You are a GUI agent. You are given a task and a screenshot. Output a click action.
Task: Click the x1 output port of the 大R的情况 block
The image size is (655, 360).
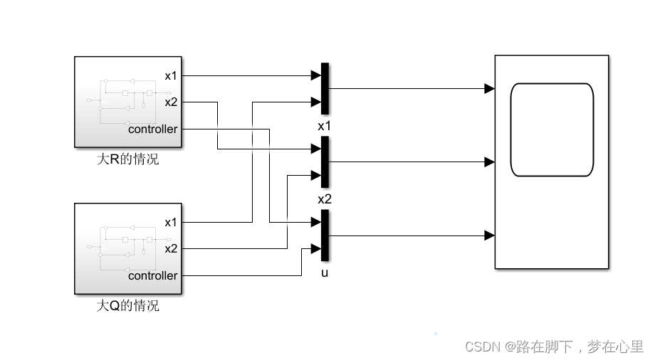[171, 75]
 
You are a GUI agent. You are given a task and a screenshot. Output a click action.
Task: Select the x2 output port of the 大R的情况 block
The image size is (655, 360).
[171, 102]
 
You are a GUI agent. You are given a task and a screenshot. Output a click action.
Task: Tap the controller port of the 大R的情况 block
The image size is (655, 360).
[152, 129]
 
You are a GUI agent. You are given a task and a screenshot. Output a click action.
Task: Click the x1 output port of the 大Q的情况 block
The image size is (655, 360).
[171, 222]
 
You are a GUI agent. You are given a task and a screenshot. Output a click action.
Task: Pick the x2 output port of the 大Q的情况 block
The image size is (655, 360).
[171, 249]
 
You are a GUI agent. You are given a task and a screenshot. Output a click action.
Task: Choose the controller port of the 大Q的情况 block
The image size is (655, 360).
[152, 276]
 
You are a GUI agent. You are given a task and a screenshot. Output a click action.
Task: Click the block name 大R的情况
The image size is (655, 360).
[128, 159]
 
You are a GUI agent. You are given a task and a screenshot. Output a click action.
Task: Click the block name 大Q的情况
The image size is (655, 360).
[128, 307]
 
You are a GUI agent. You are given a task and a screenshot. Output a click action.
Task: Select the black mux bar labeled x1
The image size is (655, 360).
[325, 88]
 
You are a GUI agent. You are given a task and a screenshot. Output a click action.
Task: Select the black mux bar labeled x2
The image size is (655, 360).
[325, 162]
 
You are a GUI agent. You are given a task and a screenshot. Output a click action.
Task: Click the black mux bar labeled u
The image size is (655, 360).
[325, 235]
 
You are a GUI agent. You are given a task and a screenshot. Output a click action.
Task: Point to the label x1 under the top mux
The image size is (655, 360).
[325, 125]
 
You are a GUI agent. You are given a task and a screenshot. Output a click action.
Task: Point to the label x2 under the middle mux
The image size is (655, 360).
[325, 198]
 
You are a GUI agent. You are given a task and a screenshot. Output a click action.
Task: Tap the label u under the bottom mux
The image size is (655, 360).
[325, 272]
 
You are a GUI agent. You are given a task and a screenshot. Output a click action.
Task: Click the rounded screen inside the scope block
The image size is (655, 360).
[552, 129]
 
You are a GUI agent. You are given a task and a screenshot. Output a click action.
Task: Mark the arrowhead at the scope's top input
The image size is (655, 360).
[489, 89]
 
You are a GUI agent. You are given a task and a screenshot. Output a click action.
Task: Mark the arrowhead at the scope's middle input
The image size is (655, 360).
[489, 162]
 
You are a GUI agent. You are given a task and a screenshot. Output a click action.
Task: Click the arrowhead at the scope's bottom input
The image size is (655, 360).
[489, 235]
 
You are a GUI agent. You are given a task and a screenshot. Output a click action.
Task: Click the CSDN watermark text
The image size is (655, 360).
[554, 346]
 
